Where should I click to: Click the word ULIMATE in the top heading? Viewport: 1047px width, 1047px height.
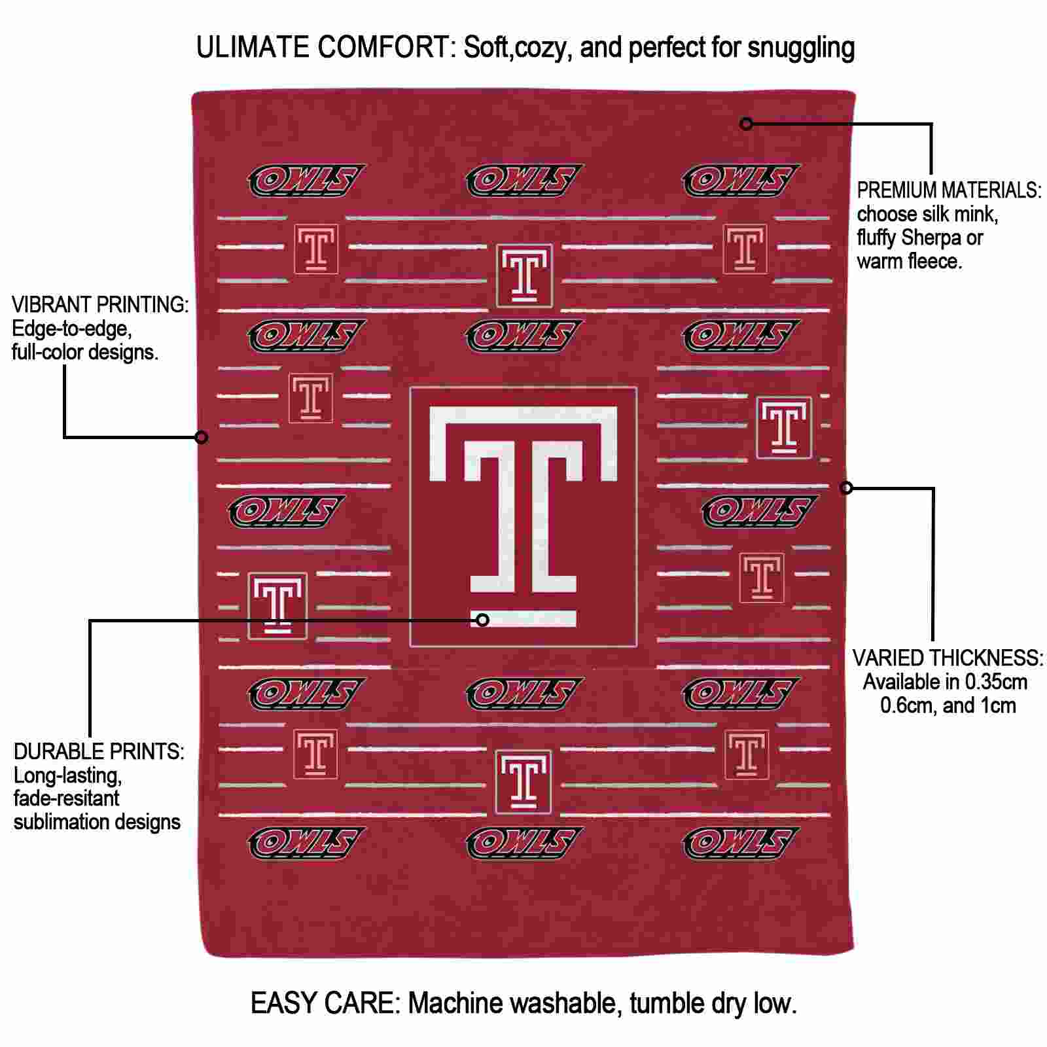[x=253, y=47]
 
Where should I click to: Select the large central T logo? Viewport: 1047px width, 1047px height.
[x=523, y=516]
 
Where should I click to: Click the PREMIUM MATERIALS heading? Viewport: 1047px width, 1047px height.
[x=949, y=190]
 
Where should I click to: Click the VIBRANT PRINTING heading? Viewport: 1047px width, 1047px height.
[x=100, y=305]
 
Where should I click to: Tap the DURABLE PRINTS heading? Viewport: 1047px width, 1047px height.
[x=99, y=751]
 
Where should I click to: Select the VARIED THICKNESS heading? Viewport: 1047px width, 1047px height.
[x=948, y=658]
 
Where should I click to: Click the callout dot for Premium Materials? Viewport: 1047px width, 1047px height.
[x=746, y=123]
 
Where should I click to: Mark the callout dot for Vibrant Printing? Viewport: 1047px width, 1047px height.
[x=202, y=436]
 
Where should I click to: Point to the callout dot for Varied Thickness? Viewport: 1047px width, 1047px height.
[x=846, y=488]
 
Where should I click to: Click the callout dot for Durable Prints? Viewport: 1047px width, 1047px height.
[x=482, y=619]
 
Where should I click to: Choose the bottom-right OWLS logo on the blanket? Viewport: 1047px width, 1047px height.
[x=741, y=843]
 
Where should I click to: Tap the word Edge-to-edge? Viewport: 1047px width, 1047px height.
[x=72, y=329]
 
